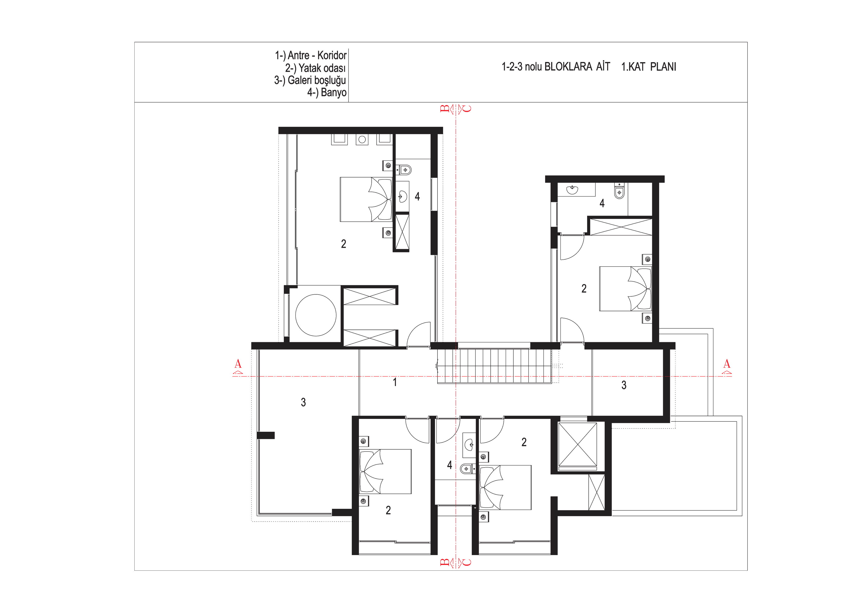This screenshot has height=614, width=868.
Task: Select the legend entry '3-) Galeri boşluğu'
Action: (x=310, y=80)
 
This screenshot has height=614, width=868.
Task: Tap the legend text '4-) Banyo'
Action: (x=327, y=92)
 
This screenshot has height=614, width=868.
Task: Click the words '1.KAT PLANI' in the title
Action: (x=649, y=67)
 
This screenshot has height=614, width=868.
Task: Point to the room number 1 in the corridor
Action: (x=395, y=382)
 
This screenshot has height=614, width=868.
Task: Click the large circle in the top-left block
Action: (x=316, y=315)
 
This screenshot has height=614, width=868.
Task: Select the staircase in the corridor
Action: (x=494, y=366)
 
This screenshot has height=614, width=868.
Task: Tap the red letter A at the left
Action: (x=238, y=364)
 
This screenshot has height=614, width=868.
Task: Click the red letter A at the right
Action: (x=727, y=364)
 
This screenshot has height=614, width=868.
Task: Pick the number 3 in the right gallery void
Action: (x=624, y=385)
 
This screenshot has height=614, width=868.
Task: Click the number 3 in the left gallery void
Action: (x=303, y=402)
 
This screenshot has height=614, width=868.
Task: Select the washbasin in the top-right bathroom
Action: (x=573, y=189)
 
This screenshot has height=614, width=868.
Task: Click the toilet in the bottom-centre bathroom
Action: (x=468, y=469)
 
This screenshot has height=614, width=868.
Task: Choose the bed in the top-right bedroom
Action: (x=625, y=289)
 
